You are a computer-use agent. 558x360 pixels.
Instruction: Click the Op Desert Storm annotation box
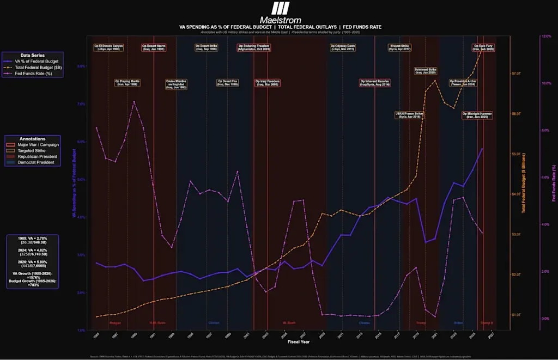154,47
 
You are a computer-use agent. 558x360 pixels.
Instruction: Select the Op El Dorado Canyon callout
108,47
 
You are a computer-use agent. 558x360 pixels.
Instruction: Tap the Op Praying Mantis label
128,83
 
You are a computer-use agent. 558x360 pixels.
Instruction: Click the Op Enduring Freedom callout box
253,47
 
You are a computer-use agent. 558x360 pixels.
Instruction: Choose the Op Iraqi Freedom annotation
267,83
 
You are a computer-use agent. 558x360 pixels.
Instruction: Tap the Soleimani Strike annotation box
425,71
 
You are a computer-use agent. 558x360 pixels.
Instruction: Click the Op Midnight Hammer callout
477,115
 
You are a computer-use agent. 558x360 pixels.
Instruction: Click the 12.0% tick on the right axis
545,36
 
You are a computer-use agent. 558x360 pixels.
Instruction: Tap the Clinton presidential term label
214,322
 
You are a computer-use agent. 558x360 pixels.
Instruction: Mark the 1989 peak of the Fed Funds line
134,101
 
